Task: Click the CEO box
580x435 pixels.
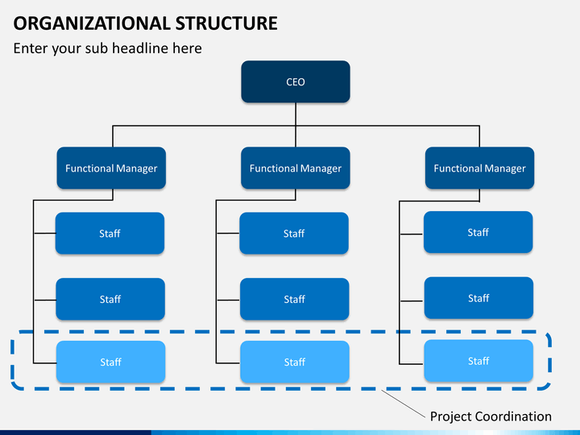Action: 296,81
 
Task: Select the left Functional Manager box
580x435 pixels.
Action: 111,168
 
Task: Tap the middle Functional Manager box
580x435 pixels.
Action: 296,168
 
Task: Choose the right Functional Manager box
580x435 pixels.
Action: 480,168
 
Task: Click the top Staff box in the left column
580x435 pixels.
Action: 110,233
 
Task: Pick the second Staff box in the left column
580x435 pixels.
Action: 110,299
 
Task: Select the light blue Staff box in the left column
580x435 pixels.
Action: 110,362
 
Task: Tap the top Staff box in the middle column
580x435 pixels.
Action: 294,233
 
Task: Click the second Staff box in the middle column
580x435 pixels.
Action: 295,299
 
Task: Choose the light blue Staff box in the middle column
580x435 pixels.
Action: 295,362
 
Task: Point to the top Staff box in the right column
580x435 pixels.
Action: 478,232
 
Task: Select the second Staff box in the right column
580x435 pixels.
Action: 478,298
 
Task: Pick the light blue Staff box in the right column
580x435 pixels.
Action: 478,361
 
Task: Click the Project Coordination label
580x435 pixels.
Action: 491,416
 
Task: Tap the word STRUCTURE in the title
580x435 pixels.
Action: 226,23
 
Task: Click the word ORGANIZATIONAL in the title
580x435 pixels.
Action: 91,23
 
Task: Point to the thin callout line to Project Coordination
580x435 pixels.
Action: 404,404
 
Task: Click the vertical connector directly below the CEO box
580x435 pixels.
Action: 296,114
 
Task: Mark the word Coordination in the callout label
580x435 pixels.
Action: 513,416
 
